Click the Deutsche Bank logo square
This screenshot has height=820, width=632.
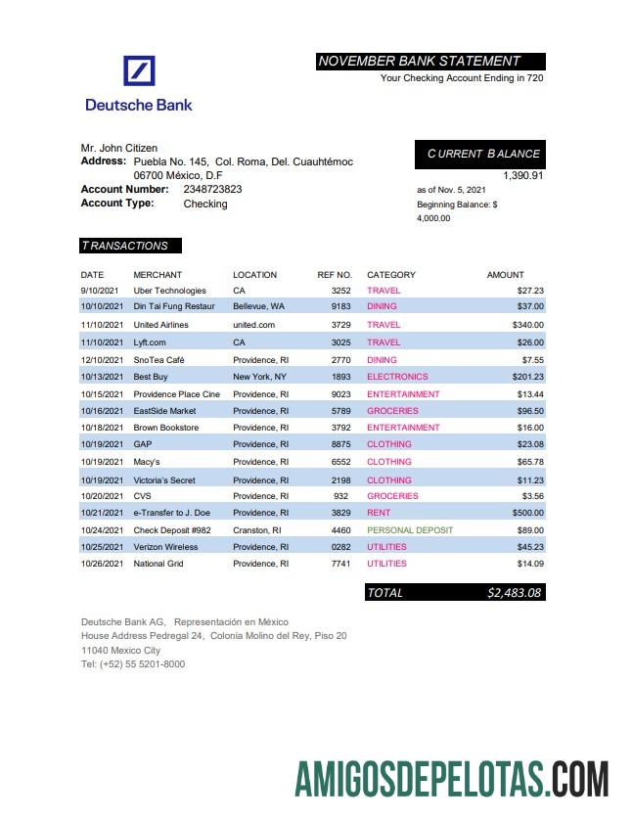(139, 72)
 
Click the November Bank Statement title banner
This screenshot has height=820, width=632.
(430, 61)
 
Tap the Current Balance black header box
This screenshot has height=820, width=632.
(480, 154)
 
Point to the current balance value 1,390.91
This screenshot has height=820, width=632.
(522, 175)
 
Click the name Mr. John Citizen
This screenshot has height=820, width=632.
(118, 148)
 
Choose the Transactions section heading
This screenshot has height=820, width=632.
(130, 246)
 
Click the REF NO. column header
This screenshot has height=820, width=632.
(334, 275)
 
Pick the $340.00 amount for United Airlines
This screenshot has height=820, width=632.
(527, 325)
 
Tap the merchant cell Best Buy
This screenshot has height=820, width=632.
(150, 377)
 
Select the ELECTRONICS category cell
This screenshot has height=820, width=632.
(397, 377)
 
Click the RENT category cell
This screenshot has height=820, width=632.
(379, 513)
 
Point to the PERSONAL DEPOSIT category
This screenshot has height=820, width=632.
(409, 530)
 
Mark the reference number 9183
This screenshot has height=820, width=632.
(340, 307)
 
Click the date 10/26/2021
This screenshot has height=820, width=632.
(102, 564)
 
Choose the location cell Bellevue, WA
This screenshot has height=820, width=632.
(258, 307)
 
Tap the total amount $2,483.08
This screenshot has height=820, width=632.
(514, 592)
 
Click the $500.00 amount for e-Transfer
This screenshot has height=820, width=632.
(527, 513)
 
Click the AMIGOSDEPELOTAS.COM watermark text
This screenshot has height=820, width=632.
(451, 779)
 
